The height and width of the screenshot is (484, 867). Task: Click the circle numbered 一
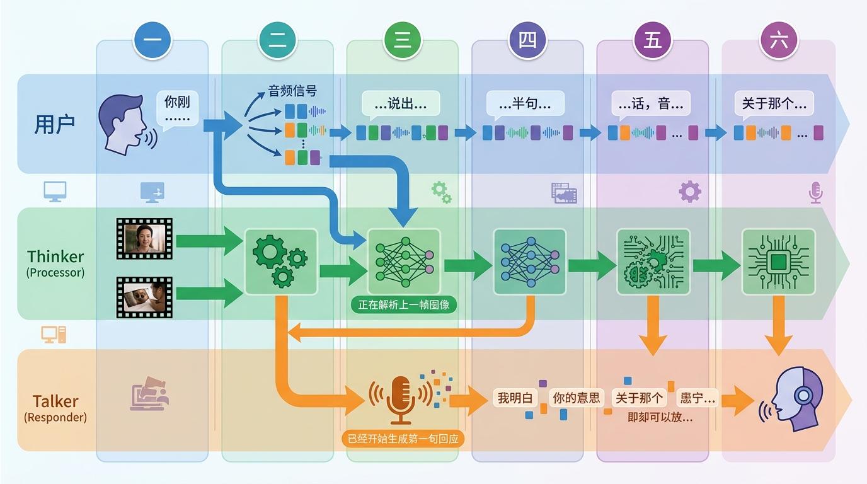152,41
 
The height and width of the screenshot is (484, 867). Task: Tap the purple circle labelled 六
779,41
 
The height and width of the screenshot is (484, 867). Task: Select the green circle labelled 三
403,41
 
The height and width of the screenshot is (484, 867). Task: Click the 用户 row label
55,124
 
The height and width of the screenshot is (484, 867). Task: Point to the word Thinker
55,256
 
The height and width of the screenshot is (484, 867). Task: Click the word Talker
55,401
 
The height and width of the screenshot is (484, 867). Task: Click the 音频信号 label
292,91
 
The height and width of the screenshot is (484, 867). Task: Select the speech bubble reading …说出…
401,104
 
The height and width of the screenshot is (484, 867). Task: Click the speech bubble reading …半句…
525,104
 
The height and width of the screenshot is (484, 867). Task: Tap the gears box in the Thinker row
280,262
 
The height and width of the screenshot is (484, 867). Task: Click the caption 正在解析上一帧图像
403,305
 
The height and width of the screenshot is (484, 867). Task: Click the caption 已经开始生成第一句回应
403,438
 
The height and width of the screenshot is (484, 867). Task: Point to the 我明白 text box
515,398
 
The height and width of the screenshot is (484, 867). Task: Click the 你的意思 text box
576,398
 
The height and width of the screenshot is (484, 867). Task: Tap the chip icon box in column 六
778,262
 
